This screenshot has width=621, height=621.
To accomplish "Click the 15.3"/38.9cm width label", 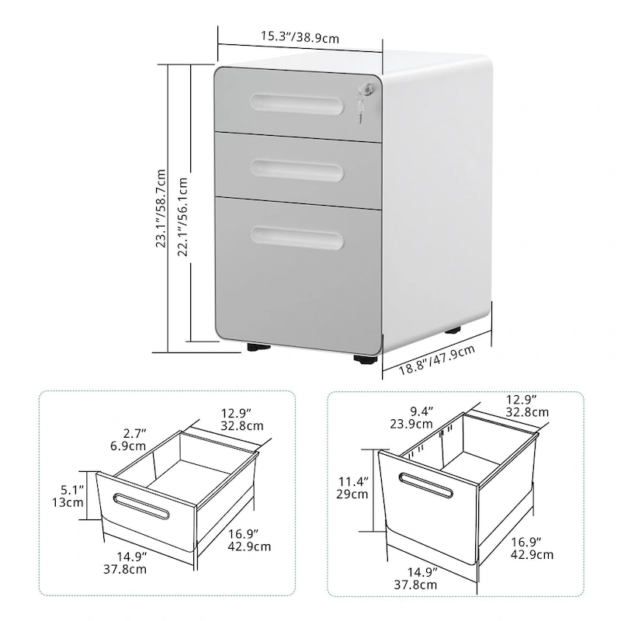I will (x=300, y=36).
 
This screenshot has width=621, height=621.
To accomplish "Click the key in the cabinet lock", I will (x=361, y=106).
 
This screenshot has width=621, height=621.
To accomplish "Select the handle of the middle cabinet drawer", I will (x=296, y=166).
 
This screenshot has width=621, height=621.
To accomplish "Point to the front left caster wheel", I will (x=255, y=348).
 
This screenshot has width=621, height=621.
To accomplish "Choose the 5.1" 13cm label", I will (x=74, y=495).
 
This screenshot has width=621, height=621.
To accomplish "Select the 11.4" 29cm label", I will (x=352, y=487).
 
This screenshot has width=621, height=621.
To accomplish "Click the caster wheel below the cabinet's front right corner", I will (x=365, y=359).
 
